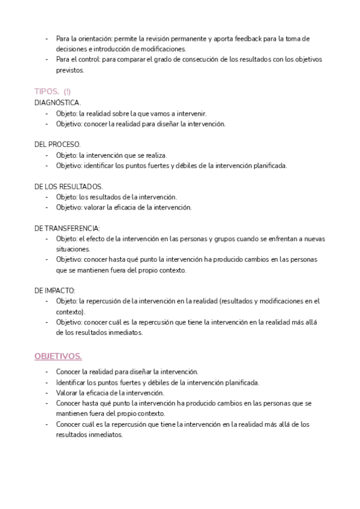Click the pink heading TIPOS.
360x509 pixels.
(47, 92)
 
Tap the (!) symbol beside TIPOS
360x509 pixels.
(67, 92)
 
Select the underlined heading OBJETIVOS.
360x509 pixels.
(58, 356)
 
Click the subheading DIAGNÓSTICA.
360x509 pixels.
(58, 103)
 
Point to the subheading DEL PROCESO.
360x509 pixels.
(58, 145)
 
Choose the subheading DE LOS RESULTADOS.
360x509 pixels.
(68, 187)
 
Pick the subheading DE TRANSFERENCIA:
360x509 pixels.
(67, 228)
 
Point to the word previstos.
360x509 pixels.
(70, 70)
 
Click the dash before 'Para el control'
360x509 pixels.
(47, 59)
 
